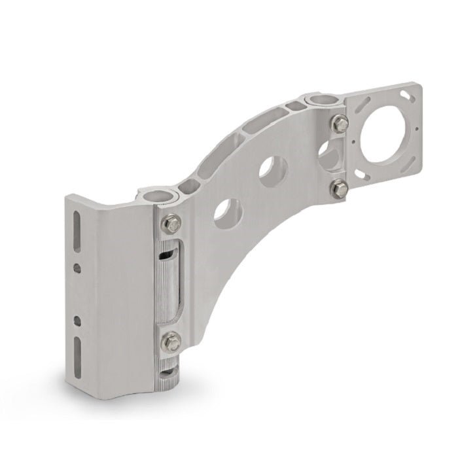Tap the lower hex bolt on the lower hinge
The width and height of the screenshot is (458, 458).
pyautogui.click(x=171, y=340)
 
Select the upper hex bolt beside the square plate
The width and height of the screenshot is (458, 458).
pyautogui.click(x=340, y=122)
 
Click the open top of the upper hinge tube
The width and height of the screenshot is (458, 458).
pyautogui.click(x=322, y=99)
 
